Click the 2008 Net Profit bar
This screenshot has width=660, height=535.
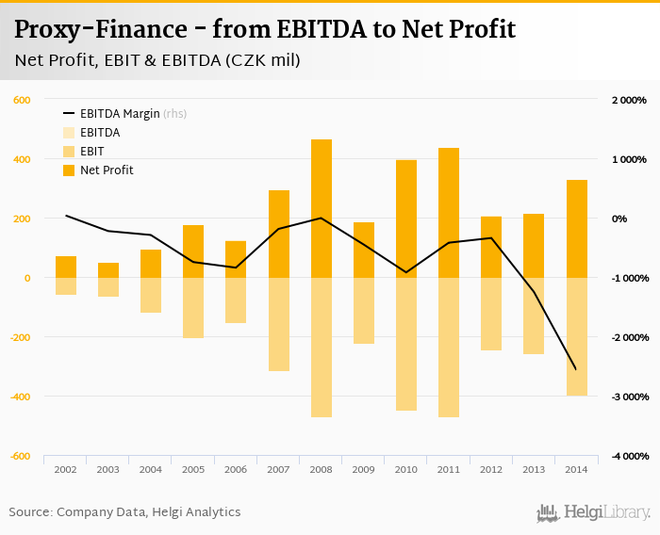[322, 208]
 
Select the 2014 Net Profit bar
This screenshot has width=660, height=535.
[576, 229]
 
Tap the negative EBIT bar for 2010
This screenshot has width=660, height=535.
[406, 344]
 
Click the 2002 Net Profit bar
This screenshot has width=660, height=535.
[66, 267]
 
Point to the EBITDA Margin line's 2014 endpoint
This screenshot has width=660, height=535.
[576, 369]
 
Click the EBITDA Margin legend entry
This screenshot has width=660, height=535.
[120, 114]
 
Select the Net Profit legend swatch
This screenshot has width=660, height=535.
[69, 170]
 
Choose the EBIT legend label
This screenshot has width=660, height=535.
[92, 152]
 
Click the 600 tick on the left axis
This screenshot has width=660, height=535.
[22, 100]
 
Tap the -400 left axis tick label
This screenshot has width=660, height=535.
[19, 397]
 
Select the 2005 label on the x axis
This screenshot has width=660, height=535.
[193, 468]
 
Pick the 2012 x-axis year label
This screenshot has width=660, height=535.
[491, 468]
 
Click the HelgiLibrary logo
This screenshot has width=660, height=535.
[594, 512]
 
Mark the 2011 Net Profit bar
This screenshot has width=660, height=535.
[449, 213]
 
